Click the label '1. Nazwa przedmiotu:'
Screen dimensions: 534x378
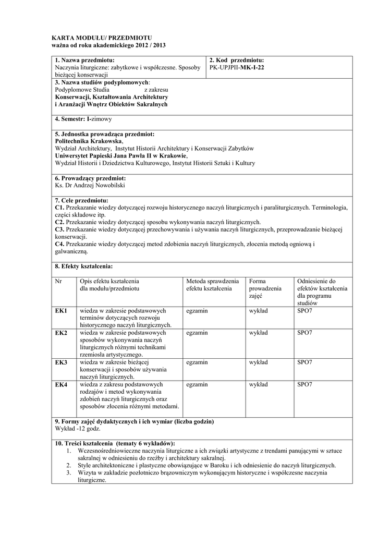tap(84, 60)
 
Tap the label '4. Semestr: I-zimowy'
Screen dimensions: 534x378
tap(83, 119)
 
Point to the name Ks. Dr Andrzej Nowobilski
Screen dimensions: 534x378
tap(90, 185)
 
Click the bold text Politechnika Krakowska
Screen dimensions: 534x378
tap(89, 141)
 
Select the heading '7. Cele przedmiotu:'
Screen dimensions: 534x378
tap(81, 200)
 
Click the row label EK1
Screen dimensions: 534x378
tap(61, 311)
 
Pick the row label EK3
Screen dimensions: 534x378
tap(61, 362)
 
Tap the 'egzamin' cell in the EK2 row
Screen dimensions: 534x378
tap(197, 333)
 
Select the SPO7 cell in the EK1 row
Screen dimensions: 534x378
tap(304, 311)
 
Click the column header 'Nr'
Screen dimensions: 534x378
tap(58, 281)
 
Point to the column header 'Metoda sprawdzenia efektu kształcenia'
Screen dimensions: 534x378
tap(212, 285)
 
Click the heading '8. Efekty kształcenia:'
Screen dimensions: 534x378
tap(83, 266)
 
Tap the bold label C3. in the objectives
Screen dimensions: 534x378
tap(59, 229)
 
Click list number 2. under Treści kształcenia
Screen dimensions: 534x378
tap(68, 465)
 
